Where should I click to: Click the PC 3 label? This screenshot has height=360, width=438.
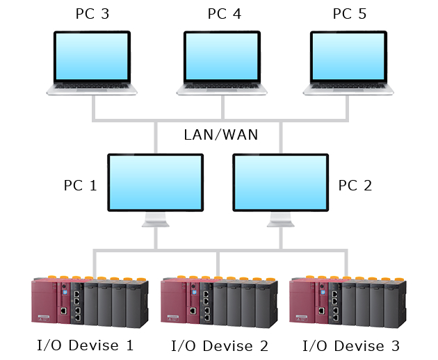point(92,14)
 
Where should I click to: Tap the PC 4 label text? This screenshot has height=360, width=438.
point(225,14)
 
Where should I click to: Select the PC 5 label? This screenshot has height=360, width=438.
point(350,14)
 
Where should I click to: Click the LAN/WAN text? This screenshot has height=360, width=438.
point(220,135)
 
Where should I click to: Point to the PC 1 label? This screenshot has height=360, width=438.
point(81,186)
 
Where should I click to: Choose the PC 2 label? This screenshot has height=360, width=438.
point(355,186)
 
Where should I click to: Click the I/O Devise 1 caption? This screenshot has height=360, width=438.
point(86,345)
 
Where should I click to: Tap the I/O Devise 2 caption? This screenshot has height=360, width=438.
point(220,346)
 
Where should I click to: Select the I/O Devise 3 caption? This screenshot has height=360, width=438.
point(351,346)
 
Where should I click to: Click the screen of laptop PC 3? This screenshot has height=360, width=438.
point(92,56)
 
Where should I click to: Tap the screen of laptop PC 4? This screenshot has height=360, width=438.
point(222,56)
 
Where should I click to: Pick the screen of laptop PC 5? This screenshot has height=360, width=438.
point(348,56)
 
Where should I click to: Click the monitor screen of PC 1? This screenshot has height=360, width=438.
point(155,182)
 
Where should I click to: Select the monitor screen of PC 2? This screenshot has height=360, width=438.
point(280,182)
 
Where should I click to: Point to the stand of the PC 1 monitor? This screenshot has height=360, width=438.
point(156,220)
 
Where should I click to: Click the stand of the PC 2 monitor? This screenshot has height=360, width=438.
point(281,220)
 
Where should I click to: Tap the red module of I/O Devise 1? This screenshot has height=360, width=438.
point(50,302)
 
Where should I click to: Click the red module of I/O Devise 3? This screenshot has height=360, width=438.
point(309,302)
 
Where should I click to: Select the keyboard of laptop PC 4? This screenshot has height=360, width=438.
point(222,87)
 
